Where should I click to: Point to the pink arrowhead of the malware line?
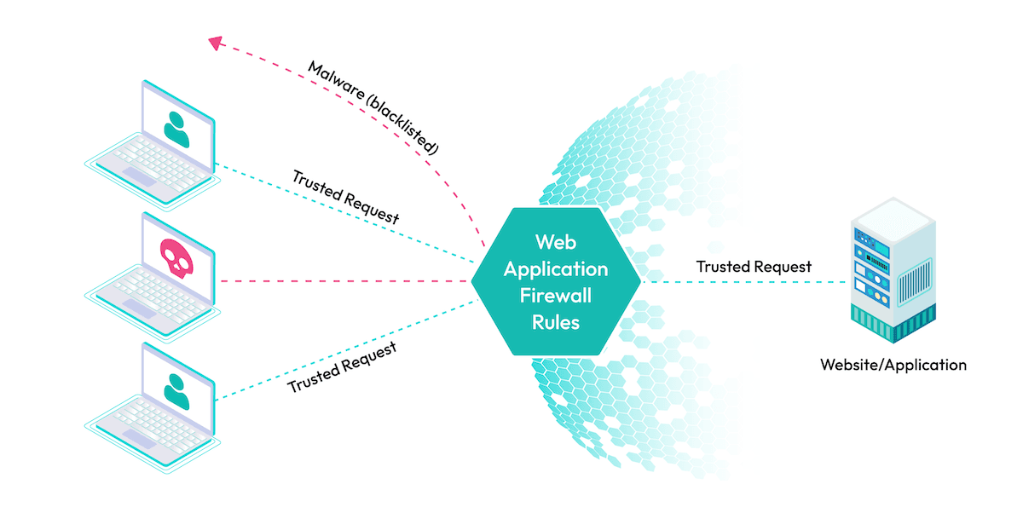click(x=216, y=40)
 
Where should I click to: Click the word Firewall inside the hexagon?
click(x=555, y=296)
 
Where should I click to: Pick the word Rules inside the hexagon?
click(x=555, y=322)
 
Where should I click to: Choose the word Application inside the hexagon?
click(x=555, y=268)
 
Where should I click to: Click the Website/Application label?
click(x=893, y=365)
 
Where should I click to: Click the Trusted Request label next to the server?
click(x=754, y=267)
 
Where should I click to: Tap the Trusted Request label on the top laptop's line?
click(x=345, y=196)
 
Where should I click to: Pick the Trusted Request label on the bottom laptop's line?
click(x=342, y=367)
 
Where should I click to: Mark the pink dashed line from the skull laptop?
click(x=341, y=280)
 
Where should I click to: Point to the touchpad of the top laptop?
click(x=141, y=174)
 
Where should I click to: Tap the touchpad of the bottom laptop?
click(x=141, y=436)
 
